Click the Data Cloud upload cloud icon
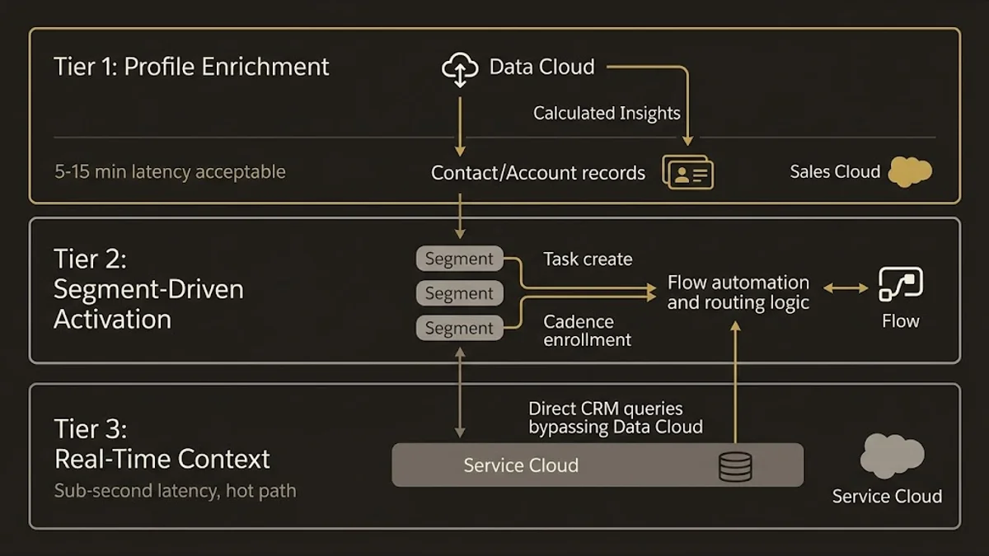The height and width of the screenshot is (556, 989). point(460,69)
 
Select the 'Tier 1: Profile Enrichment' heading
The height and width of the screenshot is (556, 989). point(191,67)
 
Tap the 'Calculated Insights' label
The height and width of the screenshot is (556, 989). point(607,114)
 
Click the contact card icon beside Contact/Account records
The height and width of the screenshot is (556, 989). point(688,172)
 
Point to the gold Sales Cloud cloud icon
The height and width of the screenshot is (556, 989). point(910,171)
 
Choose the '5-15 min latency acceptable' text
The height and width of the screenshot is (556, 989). point(170,172)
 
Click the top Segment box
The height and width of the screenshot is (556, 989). point(459,259)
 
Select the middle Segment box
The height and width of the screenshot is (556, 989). point(459,293)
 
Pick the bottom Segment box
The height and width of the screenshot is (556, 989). point(459,328)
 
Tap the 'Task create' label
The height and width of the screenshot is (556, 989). point(588,259)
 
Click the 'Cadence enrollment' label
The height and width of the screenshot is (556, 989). point(588,330)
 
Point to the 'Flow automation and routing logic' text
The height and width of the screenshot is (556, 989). point(738,292)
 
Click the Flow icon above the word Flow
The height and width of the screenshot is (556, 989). point(900,284)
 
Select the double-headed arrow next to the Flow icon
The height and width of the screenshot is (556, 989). point(846,287)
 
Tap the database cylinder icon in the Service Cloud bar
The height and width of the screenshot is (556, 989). point(735,466)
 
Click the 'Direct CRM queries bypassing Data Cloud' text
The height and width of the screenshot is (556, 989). point(615,418)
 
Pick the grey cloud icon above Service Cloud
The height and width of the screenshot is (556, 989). point(891,456)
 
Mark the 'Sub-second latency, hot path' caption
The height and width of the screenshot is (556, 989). point(175,491)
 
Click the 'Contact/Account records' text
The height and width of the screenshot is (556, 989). point(538,173)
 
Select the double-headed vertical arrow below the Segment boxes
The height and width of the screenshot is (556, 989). point(460,392)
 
